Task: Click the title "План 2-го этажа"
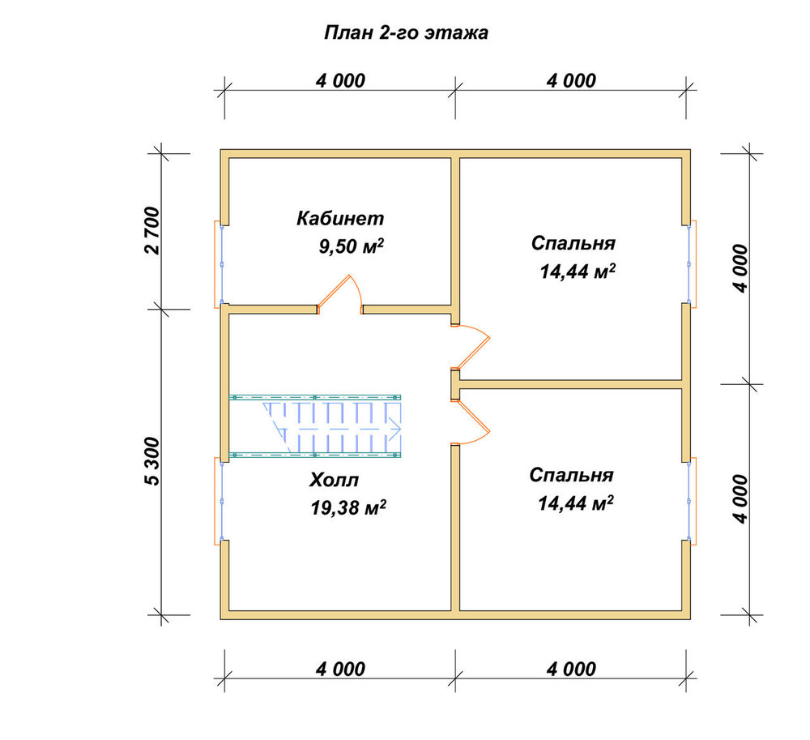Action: (406, 32)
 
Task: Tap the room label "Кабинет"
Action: (340, 218)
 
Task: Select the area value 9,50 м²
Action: (352, 246)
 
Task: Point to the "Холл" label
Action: (334, 480)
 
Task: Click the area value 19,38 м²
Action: (348, 508)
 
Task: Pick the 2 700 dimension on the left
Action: (153, 230)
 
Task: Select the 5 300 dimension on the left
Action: (153, 461)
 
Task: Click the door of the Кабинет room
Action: (339, 294)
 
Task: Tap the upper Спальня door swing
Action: (471, 346)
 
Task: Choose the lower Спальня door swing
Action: (471, 421)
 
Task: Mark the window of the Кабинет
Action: (219, 264)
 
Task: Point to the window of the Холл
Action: (219, 501)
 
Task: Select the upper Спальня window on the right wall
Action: (692, 264)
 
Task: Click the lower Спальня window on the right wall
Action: (692, 501)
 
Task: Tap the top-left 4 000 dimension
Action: (340, 80)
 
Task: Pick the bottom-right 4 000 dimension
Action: (571, 669)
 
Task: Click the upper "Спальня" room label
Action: (573, 243)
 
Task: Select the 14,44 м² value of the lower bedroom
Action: (576, 503)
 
